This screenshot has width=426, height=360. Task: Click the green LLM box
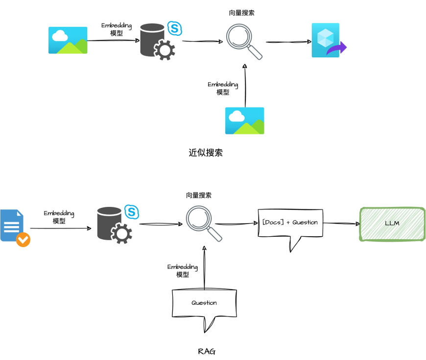click(392, 224)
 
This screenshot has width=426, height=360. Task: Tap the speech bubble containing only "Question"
click(204, 303)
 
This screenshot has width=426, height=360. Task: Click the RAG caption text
click(206, 351)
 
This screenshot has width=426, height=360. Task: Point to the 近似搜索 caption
click(206, 153)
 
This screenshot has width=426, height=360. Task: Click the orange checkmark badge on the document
click(23, 240)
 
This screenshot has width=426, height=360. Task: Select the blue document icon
click(12, 225)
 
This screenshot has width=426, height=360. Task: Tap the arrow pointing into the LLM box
click(341, 224)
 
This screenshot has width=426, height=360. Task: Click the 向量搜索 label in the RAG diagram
click(199, 195)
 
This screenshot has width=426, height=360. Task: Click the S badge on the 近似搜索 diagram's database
click(174, 28)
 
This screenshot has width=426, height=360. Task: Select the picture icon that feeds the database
click(68, 40)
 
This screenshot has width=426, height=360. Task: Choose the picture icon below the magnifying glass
click(244, 121)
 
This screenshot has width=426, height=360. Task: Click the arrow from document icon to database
click(60, 228)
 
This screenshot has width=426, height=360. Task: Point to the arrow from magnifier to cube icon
click(288, 42)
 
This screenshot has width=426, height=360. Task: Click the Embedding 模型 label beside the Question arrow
click(183, 270)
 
